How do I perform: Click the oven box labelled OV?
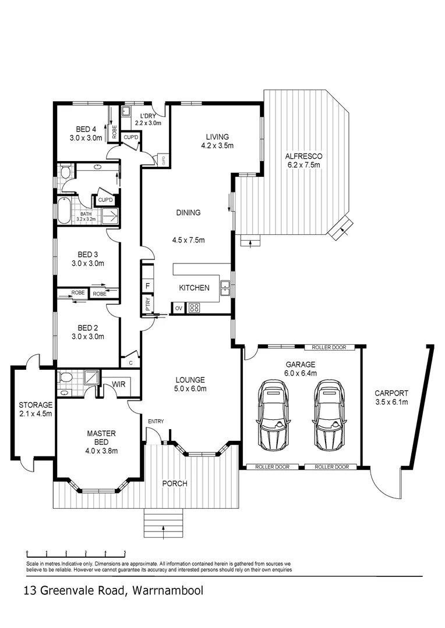[178, 308]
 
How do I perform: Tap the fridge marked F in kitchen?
[148, 286]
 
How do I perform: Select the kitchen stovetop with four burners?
[194, 308]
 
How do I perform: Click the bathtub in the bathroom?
[65, 210]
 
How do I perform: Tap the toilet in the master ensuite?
[66, 378]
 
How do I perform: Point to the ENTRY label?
[156, 422]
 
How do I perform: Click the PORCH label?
[174, 483]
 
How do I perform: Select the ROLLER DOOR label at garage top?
[329, 347]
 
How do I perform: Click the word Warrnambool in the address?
[168, 591]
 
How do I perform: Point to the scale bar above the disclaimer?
[76, 553]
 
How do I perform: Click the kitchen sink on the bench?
[225, 286]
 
